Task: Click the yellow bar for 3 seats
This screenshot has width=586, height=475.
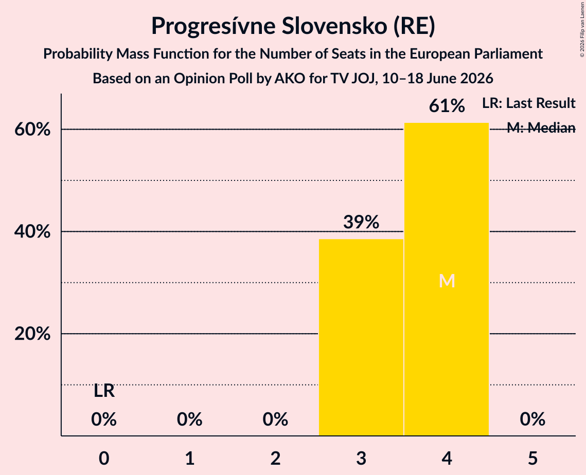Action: pos(361,337)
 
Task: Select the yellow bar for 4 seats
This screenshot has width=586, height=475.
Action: pos(447,279)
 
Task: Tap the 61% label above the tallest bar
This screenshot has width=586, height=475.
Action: pos(447,106)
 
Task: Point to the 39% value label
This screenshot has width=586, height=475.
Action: pos(361,222)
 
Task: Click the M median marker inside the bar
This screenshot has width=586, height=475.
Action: pos(447,281)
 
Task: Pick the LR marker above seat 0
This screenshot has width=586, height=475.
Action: pos(104,391)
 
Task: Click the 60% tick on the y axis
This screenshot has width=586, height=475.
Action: pos(32,130)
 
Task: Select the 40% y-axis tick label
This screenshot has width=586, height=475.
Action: pos(32,231)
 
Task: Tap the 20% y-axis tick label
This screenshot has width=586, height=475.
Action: pos(32,334)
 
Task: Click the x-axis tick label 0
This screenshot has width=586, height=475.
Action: pos(104,458)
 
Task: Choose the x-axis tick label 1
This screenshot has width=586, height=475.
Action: pos(190,458)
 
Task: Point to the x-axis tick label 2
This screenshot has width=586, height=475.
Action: pos(275,458)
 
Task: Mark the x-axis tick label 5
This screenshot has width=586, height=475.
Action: pos(532,458)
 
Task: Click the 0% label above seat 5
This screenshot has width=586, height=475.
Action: pos(532,419)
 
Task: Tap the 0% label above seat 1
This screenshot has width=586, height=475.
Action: pos(190,419)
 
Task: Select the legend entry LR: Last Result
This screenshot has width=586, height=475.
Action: pos(529,103)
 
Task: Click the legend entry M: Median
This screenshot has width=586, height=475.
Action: pos(541,127)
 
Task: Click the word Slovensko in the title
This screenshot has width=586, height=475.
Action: pos(334,26)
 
